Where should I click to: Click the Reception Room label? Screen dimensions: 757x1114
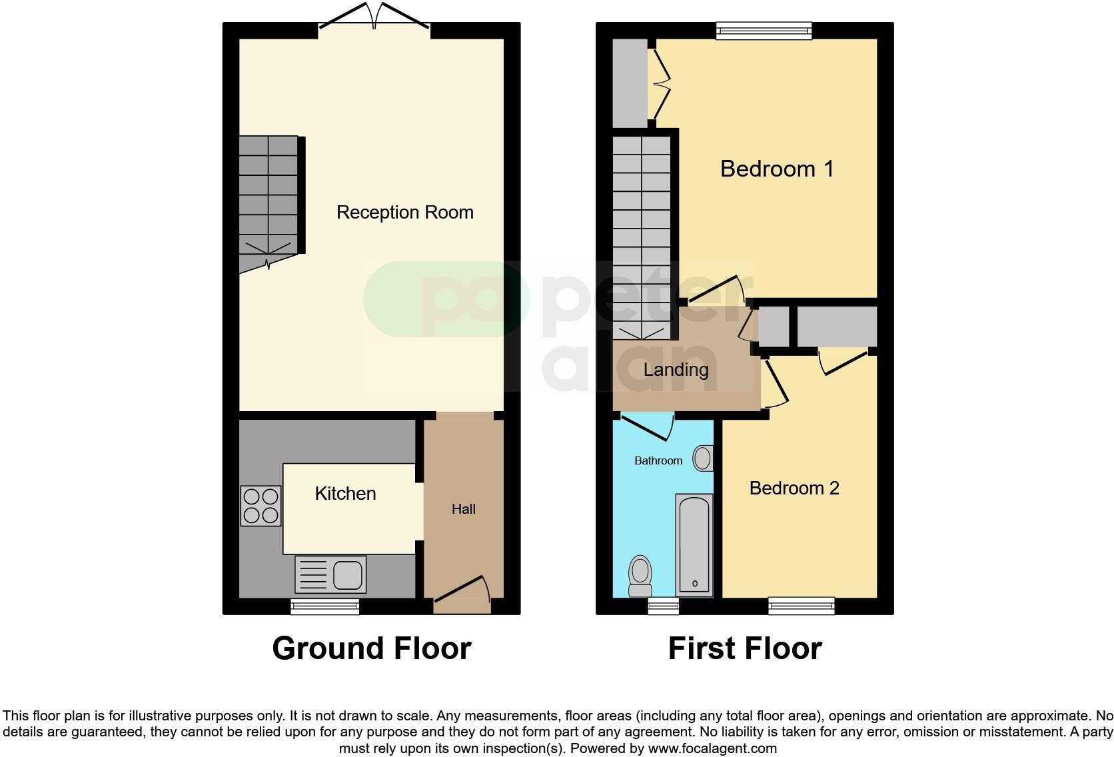(404, 213)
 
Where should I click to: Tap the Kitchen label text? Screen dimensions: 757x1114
(345, 494)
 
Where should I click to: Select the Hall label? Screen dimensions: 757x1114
(464, 509)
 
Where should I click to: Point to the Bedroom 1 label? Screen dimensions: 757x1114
(777, 169)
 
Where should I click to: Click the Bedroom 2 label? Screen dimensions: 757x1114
(794, 488)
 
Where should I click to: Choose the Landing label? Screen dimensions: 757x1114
(676, 370)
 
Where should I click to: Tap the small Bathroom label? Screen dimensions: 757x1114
(658, 460)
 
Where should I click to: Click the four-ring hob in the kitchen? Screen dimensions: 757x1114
(261, 506)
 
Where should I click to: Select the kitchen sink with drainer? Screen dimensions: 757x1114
(330, 574)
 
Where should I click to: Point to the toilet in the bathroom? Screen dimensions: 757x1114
(640, 576)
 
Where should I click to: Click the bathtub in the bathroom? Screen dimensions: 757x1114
(694, 545)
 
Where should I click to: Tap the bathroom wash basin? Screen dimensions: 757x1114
(703, 458)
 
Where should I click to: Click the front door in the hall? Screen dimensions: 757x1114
(462, 595)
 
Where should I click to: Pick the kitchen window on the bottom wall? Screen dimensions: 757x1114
(325, 606)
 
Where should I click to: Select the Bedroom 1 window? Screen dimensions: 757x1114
(764, 31)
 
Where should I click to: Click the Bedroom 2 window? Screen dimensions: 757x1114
(802, 606)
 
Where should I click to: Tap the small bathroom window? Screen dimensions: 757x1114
(664, 606)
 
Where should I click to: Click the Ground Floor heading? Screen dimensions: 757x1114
(372, 648)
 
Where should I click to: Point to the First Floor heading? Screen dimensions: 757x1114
(745, 648)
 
